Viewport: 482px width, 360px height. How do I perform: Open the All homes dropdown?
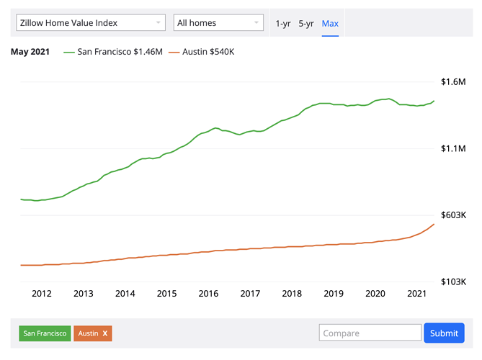point(218,23)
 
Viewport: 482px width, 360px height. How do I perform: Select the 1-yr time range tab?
point(283,24)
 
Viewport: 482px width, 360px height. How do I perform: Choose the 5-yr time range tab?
point(306,24)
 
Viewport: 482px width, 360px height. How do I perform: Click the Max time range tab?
point(330,24)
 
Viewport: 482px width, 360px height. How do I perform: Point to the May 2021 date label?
point(30,53)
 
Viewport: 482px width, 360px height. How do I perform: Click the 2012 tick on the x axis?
point(42,294)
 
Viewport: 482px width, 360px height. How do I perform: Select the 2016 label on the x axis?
point(208,294)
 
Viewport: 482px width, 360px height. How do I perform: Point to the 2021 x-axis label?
point(416,294)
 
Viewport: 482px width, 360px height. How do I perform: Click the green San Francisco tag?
point(45,333)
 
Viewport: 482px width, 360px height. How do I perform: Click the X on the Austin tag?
point(105,333)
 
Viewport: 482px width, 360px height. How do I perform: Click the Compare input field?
point(370,333)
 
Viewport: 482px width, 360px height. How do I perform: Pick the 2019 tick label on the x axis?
point(334,294)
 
